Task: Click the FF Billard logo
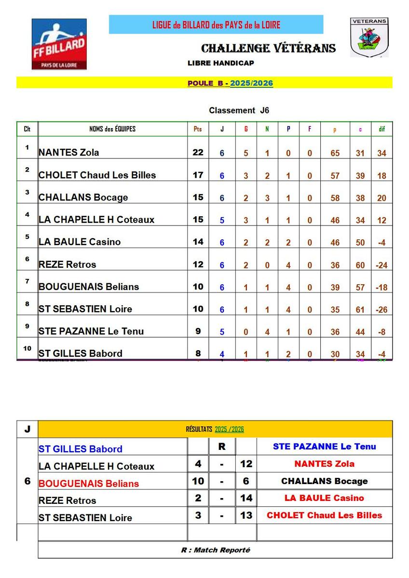59,44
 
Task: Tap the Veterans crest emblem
369,37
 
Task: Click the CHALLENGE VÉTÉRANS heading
268,48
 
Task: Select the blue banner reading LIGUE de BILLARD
216,25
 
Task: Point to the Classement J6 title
239,110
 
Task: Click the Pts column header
198,129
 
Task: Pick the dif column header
382,129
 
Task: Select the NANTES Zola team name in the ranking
69,153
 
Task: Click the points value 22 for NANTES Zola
198,152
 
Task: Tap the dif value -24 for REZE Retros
382,265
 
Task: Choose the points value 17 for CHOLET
198,175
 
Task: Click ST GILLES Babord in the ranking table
81,353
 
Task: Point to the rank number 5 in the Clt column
27,236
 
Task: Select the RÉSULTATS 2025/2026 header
215,429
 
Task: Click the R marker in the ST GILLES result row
222,447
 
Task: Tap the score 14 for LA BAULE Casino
246,498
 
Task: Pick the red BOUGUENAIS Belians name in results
89,484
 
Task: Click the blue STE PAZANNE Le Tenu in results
324,447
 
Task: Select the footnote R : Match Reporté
216,550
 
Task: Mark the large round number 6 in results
27,481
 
